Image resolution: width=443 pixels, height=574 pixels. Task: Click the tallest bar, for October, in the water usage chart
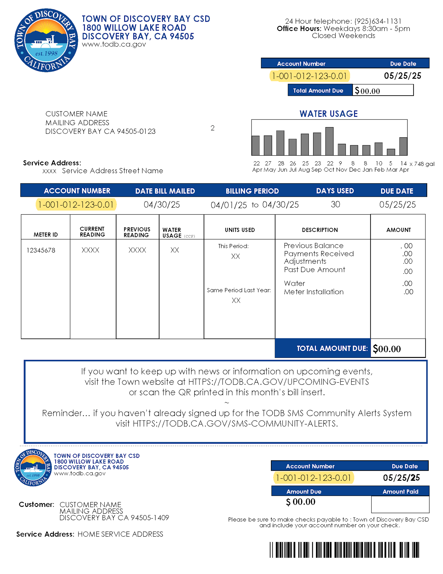[x=329, y=141]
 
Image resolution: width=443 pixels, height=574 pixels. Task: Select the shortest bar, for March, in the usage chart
[x=391, y=152]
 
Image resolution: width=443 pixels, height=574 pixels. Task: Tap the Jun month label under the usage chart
[x=282, y=170]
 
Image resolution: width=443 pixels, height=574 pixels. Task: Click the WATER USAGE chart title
[x=328, y=114]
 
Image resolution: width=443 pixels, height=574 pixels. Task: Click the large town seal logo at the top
[x=46, y=40]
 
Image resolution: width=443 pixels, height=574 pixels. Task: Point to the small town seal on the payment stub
[x=33, y=467]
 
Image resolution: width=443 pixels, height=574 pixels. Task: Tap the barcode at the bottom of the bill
[x=344, y=550]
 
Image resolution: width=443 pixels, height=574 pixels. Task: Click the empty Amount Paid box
[x=400, y=504]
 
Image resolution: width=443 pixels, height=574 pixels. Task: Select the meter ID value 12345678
[x=41, y=250]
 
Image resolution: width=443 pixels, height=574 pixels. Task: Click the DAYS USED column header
[x=335, y=191]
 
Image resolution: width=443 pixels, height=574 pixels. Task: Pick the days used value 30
[x=335, y=204]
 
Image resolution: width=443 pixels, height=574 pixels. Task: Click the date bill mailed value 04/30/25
[x=162, y=205]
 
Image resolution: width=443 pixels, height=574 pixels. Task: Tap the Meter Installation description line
[x=313, y=292]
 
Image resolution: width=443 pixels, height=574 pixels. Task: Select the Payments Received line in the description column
[x=319, y=254]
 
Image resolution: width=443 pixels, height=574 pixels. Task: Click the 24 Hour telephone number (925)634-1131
[x=378, y=21]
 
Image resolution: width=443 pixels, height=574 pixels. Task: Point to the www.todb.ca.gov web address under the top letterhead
[x=114, y=44]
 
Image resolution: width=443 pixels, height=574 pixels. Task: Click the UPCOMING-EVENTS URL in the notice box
[x=278, y=382]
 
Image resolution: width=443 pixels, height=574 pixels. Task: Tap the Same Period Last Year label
[x=239, y=290]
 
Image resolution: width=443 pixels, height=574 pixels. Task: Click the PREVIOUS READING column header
[x=137, y=232]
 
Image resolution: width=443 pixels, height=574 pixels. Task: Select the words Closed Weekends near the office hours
[x=343, y=36]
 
